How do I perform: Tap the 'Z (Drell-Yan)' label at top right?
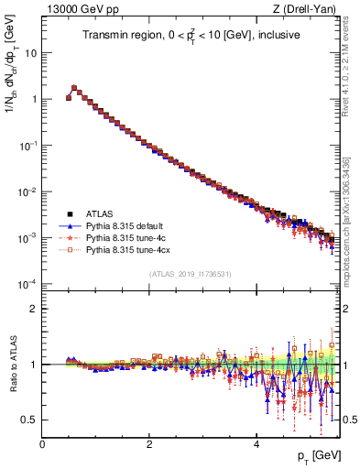[x=309, y=10]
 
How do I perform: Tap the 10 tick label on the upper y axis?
[x=31, y=52]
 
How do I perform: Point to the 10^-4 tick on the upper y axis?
[x=29, y=284]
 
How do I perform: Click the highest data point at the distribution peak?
[x=74, y=88]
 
